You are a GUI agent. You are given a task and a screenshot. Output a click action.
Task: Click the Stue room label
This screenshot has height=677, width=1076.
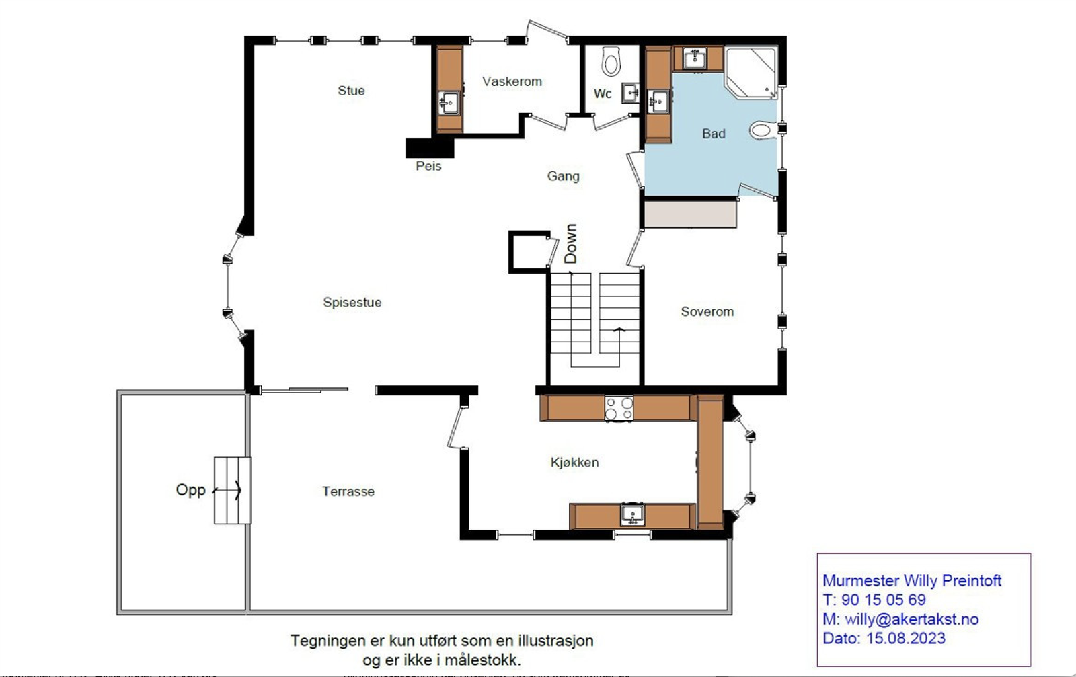[351, 91]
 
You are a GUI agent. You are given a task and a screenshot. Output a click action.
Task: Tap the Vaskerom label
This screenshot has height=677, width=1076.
[512, 81]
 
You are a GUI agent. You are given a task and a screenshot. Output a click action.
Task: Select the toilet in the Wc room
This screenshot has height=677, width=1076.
[611, 61]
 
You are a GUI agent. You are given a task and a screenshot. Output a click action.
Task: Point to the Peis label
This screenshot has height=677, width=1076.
[428, 166]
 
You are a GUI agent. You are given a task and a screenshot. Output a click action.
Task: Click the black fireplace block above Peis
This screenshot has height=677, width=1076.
[430, 147]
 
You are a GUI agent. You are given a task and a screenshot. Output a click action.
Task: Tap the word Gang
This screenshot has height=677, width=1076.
[563, 176]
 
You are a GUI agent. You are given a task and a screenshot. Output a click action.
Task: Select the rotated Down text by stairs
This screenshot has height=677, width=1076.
[570, 243]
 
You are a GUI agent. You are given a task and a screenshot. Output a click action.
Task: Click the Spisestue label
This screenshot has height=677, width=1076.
[352, 303]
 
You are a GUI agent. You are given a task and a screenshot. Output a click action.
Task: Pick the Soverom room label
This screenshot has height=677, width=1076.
[707, 312]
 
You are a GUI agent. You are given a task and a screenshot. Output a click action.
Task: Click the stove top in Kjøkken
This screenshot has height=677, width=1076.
[619, 408]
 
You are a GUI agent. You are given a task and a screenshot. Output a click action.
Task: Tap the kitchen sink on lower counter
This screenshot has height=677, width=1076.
[632, 515]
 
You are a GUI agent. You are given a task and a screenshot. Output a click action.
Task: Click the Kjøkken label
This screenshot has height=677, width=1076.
[574, 463]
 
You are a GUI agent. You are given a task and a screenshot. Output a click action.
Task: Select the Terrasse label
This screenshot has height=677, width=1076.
[348, 491]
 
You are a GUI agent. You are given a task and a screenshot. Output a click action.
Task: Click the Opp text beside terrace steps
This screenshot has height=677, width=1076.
[190, 490]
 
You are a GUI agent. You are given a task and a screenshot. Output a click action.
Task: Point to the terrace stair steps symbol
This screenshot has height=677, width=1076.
[232, 491]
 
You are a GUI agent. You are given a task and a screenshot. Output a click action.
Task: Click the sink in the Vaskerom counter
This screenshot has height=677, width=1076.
[449, 103]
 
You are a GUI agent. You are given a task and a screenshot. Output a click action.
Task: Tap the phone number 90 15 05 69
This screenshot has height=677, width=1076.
[883, 600]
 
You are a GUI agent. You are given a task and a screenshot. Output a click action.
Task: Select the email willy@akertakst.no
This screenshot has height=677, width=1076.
[911, 619]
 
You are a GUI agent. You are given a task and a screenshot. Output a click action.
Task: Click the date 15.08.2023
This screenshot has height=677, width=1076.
[905, 638]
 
